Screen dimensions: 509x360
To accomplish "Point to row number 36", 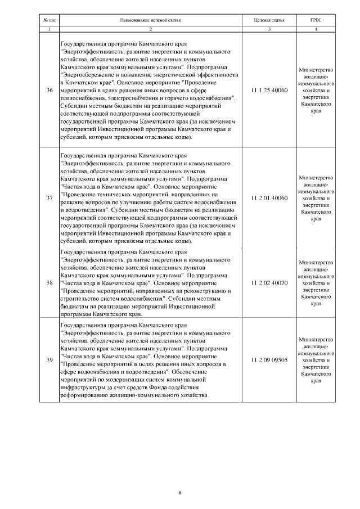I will (x=49, y=90).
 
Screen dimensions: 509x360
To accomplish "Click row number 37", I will (x=49, y=198).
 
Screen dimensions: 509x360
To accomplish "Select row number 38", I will (x=49, y=282).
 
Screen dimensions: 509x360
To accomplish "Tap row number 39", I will (x=49, y=359).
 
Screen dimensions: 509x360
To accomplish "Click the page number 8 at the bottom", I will (x=179, y=493).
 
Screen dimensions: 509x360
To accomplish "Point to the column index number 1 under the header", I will (x=49, y=29).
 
